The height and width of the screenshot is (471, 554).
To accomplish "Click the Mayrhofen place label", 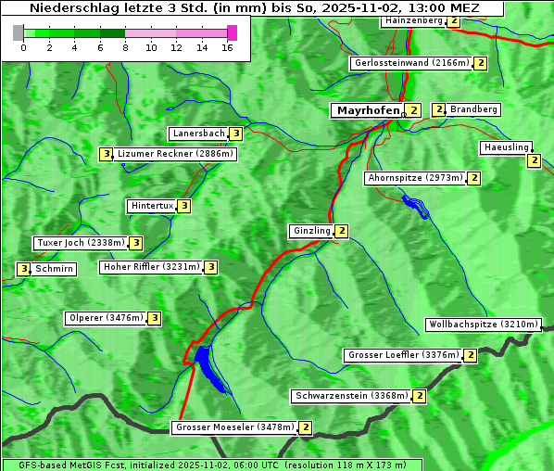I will (368, 110).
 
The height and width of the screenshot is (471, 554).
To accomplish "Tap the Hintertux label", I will (152, 206).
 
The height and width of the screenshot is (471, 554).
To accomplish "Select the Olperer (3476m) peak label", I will (107, 318).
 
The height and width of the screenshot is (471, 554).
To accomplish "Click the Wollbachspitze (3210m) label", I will (482, 325).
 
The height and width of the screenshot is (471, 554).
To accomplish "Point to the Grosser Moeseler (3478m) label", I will (234, 427).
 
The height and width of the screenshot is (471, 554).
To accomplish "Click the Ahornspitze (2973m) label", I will (414, 177).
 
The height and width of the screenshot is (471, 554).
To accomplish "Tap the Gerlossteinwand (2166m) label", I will (411, 63).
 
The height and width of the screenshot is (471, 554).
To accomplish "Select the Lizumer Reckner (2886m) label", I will (174, 154).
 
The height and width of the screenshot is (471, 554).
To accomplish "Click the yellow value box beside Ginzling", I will (342, 231).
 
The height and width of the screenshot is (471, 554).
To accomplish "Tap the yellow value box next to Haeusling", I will (534, 160).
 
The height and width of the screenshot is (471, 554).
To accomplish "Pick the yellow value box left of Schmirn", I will (23, 269).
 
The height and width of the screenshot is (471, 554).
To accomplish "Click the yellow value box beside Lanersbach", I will (236, 134).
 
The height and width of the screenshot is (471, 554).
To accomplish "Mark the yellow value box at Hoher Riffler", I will (211, 267).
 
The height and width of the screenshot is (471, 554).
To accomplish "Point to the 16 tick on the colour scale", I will (227, 48).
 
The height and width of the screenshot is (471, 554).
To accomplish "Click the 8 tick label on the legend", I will (125, 48).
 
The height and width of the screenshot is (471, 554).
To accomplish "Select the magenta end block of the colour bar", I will (232, 32).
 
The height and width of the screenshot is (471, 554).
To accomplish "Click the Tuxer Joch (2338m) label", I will (80, 243).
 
